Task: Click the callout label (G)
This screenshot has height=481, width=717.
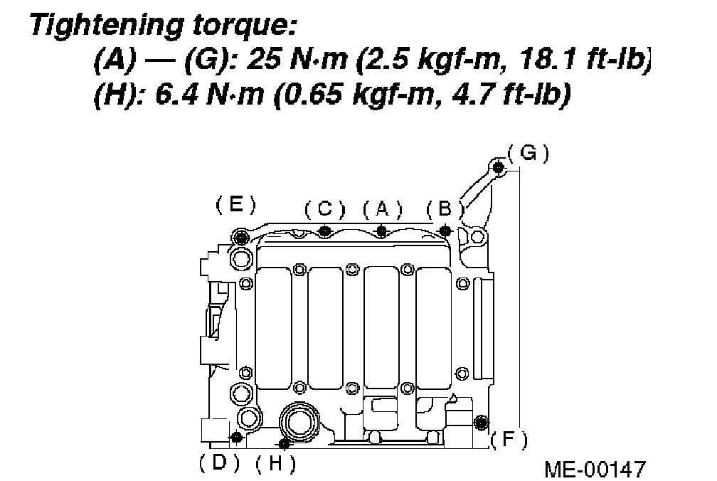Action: tap(529, 154)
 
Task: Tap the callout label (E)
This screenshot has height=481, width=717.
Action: tap(236, 204)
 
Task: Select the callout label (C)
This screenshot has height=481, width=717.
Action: tap(325, 209)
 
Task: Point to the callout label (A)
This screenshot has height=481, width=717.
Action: tap(383, 209)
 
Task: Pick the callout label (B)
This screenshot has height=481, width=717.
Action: tap(445, 209)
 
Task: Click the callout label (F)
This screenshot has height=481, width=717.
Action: tap(509, 440)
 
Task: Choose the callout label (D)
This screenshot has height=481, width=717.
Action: tap(220, 463)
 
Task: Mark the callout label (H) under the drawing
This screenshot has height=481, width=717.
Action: tap(276, 464)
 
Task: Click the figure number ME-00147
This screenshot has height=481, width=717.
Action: tap(595, 470)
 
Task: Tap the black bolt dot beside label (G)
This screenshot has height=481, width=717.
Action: tap(498, 167)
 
